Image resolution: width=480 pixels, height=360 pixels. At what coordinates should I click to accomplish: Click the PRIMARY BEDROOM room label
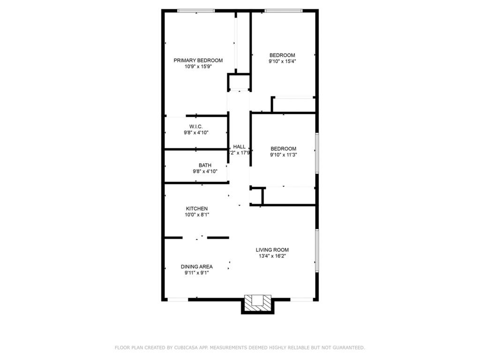(x=198, y=60)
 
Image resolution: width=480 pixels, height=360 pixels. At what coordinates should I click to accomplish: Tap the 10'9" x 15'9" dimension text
(x=198, y=67)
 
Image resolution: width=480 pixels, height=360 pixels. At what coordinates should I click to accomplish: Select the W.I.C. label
(x=195, y=127)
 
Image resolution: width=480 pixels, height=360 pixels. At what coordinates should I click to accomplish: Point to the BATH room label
(x=205, y=165)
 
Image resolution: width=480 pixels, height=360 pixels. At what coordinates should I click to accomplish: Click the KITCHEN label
(x=197, y=209)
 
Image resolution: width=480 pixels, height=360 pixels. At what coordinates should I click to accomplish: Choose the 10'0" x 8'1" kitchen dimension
(x=197, y=215)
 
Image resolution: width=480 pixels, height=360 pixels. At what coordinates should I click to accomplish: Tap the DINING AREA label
(x=197, y=267)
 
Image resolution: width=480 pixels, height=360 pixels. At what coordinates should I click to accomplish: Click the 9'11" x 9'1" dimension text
(x=197, y=273)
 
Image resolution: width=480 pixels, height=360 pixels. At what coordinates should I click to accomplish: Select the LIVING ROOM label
(x=272, y=250)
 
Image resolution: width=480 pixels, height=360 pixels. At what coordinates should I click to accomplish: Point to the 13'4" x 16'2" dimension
(x=272, y=256)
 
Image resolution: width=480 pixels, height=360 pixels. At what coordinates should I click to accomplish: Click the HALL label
(x=239, y=147)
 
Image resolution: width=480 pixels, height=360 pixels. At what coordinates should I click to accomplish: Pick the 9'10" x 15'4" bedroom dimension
(x=282, y=61)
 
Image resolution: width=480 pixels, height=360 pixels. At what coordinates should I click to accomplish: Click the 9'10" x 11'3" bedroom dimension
(x=283, y=155)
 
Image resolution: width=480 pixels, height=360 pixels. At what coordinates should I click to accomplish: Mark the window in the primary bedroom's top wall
(x=196, y=11)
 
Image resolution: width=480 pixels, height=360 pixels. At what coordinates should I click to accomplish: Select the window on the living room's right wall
(x=317, y=250)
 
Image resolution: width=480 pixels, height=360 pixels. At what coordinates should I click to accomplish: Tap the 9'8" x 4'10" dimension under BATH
(x=205, y=172)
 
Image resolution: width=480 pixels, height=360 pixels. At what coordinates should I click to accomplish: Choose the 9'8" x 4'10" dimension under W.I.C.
(x=195, y=133)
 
